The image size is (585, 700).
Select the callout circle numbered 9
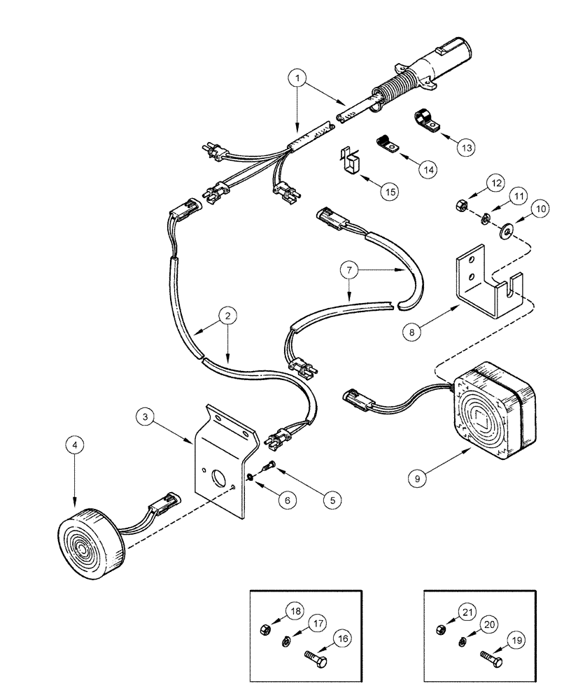click(418, 477)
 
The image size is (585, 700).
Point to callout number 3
click(146, 419)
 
